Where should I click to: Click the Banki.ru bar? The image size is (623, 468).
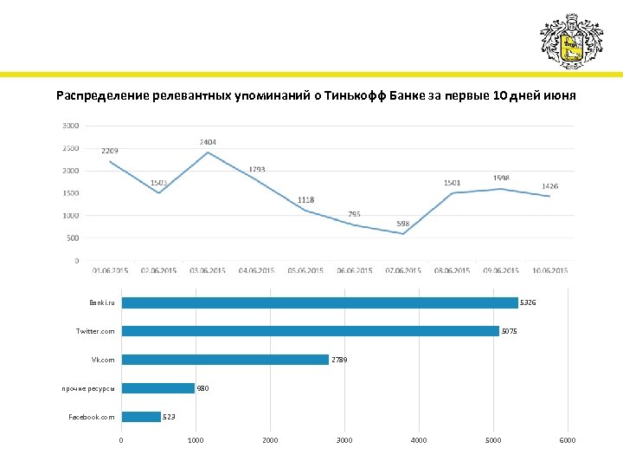[319, 302]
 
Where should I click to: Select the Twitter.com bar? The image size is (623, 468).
[310, 331]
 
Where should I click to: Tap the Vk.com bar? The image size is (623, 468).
[225, 360]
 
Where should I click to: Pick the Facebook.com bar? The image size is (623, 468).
[141, 417]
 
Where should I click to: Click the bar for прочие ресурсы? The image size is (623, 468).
[157, 388]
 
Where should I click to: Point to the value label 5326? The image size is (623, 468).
[529, 302]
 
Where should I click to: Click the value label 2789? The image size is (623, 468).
[340, 360]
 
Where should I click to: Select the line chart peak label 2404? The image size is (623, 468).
[208, 141]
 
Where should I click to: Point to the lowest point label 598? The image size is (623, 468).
[403, 224]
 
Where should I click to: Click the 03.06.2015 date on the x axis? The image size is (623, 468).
[208, 271]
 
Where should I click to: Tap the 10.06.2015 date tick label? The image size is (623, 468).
[550, 271]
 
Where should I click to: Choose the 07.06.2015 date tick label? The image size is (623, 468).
[403, 271]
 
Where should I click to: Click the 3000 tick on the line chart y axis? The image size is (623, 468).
[71, 126]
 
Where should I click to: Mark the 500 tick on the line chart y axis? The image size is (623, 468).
[73, 238]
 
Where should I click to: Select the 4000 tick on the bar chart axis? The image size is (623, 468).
[419, 441]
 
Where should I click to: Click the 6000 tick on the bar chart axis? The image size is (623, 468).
[568, 441]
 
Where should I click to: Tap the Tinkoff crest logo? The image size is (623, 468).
[570, 41]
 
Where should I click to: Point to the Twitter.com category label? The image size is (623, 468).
[95, 331]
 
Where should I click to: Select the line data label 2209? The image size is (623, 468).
[110, 152]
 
